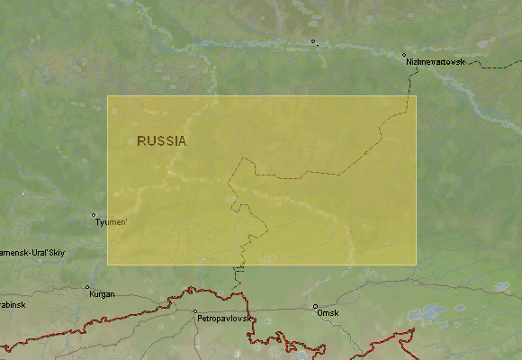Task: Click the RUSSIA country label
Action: [162, 141]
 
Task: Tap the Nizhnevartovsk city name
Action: [436, 61]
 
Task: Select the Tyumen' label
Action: [112, 222]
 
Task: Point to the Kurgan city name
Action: [101, 294]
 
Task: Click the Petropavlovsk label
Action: [226, 319]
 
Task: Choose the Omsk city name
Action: [327, 313]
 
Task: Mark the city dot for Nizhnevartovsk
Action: [405, 55]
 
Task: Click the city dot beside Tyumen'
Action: [94, 215]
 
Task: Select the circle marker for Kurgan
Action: [87, 288]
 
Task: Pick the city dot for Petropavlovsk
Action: [195, 311]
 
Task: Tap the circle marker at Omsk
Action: [315, 306]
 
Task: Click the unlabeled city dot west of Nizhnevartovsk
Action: [313, 41]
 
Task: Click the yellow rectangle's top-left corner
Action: [108, 96]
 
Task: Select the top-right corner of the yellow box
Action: [416, 96]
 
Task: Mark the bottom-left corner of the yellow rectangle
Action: [108, 264]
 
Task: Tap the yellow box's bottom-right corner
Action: [416, 264]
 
